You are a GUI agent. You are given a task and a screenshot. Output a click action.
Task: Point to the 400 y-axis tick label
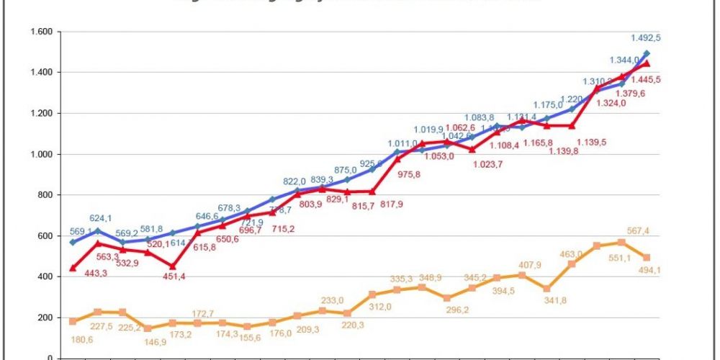coord(45,277)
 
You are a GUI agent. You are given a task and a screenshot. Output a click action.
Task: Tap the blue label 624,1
coord(102,218)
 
